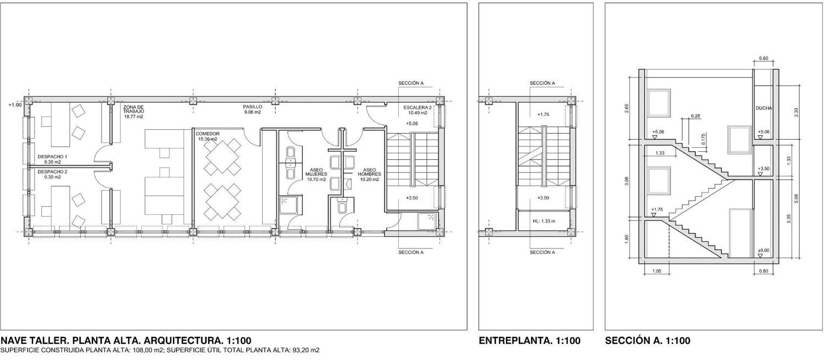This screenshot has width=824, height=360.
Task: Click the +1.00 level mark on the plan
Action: pyautogui.click(x=15, y=105)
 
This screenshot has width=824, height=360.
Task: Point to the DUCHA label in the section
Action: pyautogui.click(x=764, y=108)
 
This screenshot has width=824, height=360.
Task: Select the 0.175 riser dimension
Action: pyautogui.click(x=703, y=139)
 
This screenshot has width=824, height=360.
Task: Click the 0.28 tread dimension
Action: pyautogui.click(x=695, y=116)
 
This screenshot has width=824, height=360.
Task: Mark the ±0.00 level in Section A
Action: pyautogui.click(x=764, y=250)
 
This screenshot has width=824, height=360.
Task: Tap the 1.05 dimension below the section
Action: pyautogui.click(x=656, y=271)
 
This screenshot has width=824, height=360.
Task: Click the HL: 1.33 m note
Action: pyautogui.click(x=544, y=221)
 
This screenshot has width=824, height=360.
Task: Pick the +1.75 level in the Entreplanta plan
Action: pyautogui.click(x=543, y=114)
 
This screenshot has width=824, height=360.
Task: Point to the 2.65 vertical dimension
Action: pyautogui.click(x=626, y=108)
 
